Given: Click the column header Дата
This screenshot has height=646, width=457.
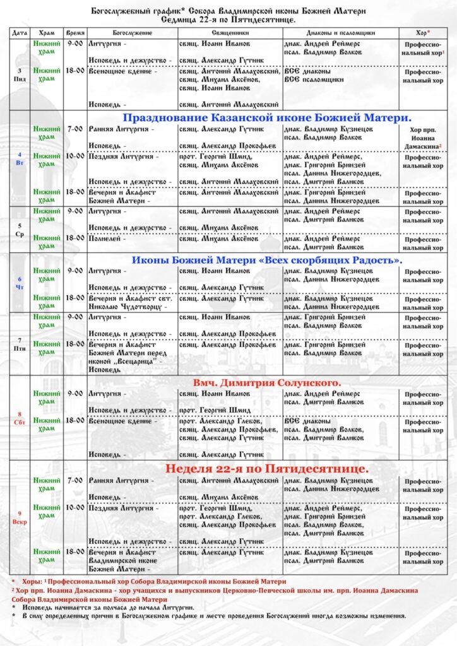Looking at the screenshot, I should pyautogui.click(x=19, y=32).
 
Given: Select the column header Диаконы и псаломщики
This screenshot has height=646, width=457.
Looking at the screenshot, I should pyautogui.click(x=341, y=32).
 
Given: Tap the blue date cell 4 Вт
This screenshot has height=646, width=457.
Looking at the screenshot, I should pyautogui.click(x=19, y=158).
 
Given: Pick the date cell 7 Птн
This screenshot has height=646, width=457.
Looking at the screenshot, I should pyautogui.click(x=19, y=344).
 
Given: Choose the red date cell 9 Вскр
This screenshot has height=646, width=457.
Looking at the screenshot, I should pyautogui.click(x=19, y=518).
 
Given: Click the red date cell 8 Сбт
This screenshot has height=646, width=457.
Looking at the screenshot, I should pyautogui.click(x=19, y=418).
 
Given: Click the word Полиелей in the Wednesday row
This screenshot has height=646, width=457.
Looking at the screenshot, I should pyautogui.click(x=105, y=239).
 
